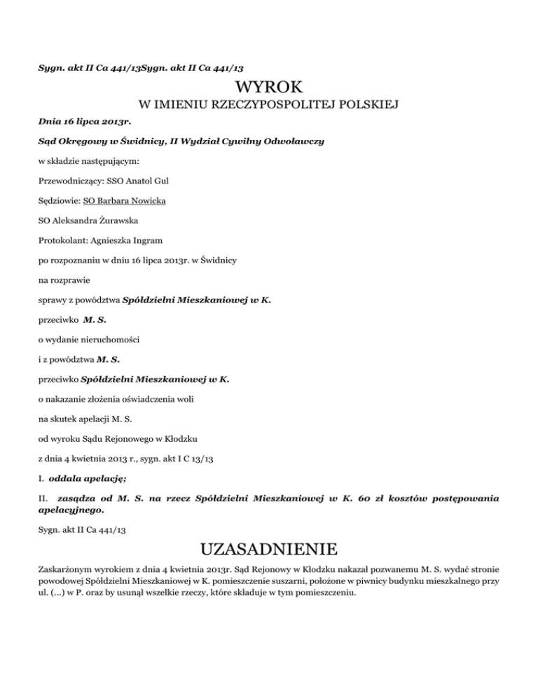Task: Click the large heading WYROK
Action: [269, 88]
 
